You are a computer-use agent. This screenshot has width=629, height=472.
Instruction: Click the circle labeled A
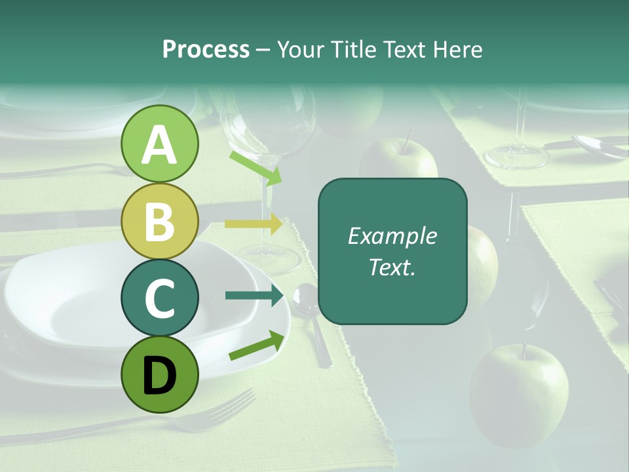point(159,144)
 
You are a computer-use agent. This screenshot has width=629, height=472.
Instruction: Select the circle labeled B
point(159,221)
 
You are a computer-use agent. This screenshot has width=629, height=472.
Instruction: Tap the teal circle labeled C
point(159,298)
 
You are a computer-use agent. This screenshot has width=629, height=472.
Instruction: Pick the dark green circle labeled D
point(159,374)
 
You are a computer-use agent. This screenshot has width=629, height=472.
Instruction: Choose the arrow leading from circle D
point(256,346)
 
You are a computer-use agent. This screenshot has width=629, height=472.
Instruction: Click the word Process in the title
point(206,50)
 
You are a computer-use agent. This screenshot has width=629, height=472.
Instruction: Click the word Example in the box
point(392,236)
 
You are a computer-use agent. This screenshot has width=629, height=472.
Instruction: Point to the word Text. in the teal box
point(392,267)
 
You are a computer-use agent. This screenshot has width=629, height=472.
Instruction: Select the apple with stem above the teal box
point(398,160)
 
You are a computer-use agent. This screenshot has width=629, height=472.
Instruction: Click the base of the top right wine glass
point(516,156)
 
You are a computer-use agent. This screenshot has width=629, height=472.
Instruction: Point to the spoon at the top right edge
point(600,146)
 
